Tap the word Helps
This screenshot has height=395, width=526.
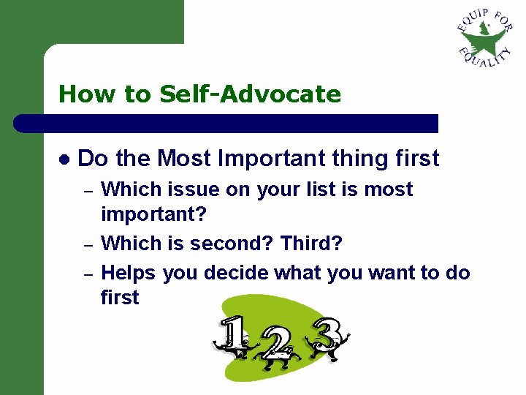click(x=129, y=273)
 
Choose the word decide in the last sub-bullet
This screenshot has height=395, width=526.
click(x=236, y=273)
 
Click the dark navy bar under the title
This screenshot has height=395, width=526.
click(x=226, y=124)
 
